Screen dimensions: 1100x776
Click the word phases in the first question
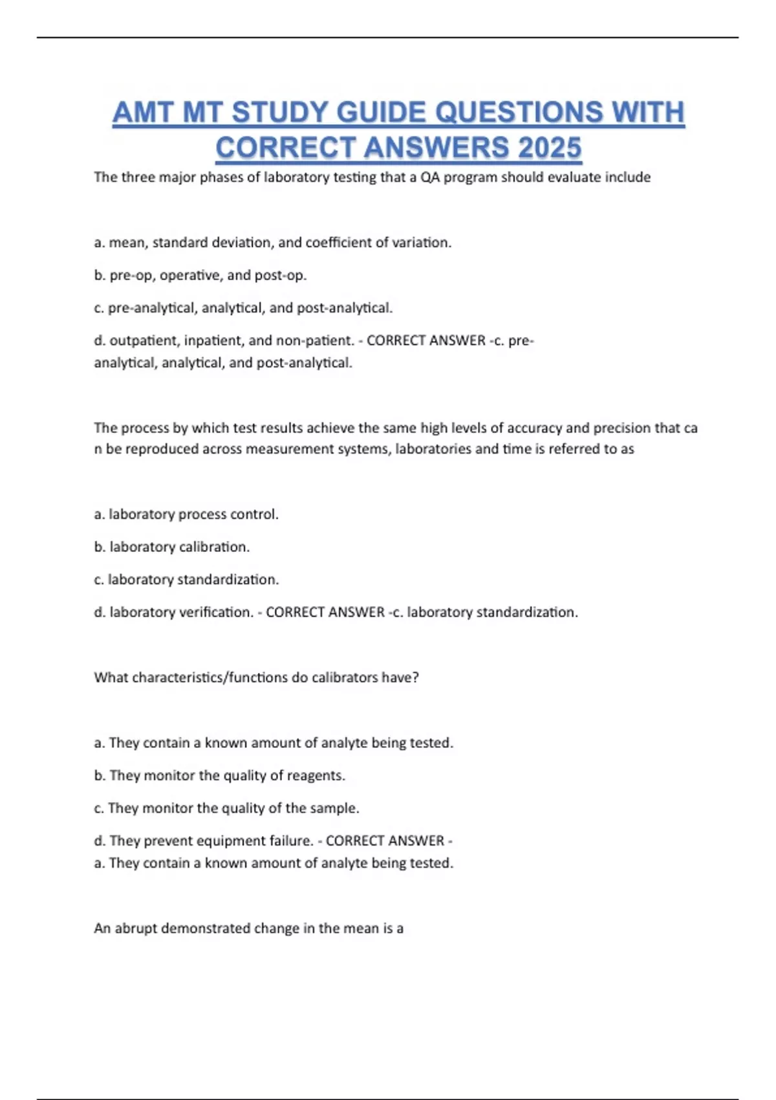coord(221,177)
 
